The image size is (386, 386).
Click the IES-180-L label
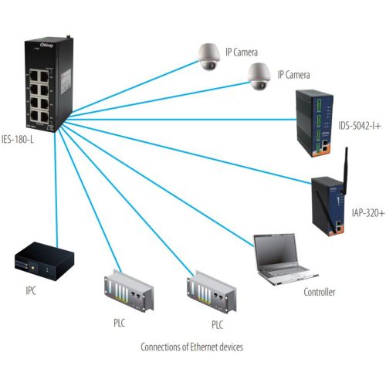[18, 140]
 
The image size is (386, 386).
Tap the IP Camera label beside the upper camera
[242, 52]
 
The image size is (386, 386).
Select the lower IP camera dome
[259, 76]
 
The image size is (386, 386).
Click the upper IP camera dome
[208, 56]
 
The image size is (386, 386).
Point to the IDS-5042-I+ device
[314, 123]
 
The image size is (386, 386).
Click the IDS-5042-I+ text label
[359, 126]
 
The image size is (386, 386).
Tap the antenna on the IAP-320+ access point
[345, 170]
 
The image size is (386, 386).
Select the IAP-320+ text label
[368, 213]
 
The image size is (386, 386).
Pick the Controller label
[320, 292]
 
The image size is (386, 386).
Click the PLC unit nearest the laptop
[212, 291]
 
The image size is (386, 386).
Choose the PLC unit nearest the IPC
[129, 290]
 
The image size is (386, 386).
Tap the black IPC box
[44, 261]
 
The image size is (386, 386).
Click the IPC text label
[31, 291]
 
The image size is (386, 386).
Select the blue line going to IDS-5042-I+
[182, 119]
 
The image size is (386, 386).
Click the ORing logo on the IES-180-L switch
[46, 46]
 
